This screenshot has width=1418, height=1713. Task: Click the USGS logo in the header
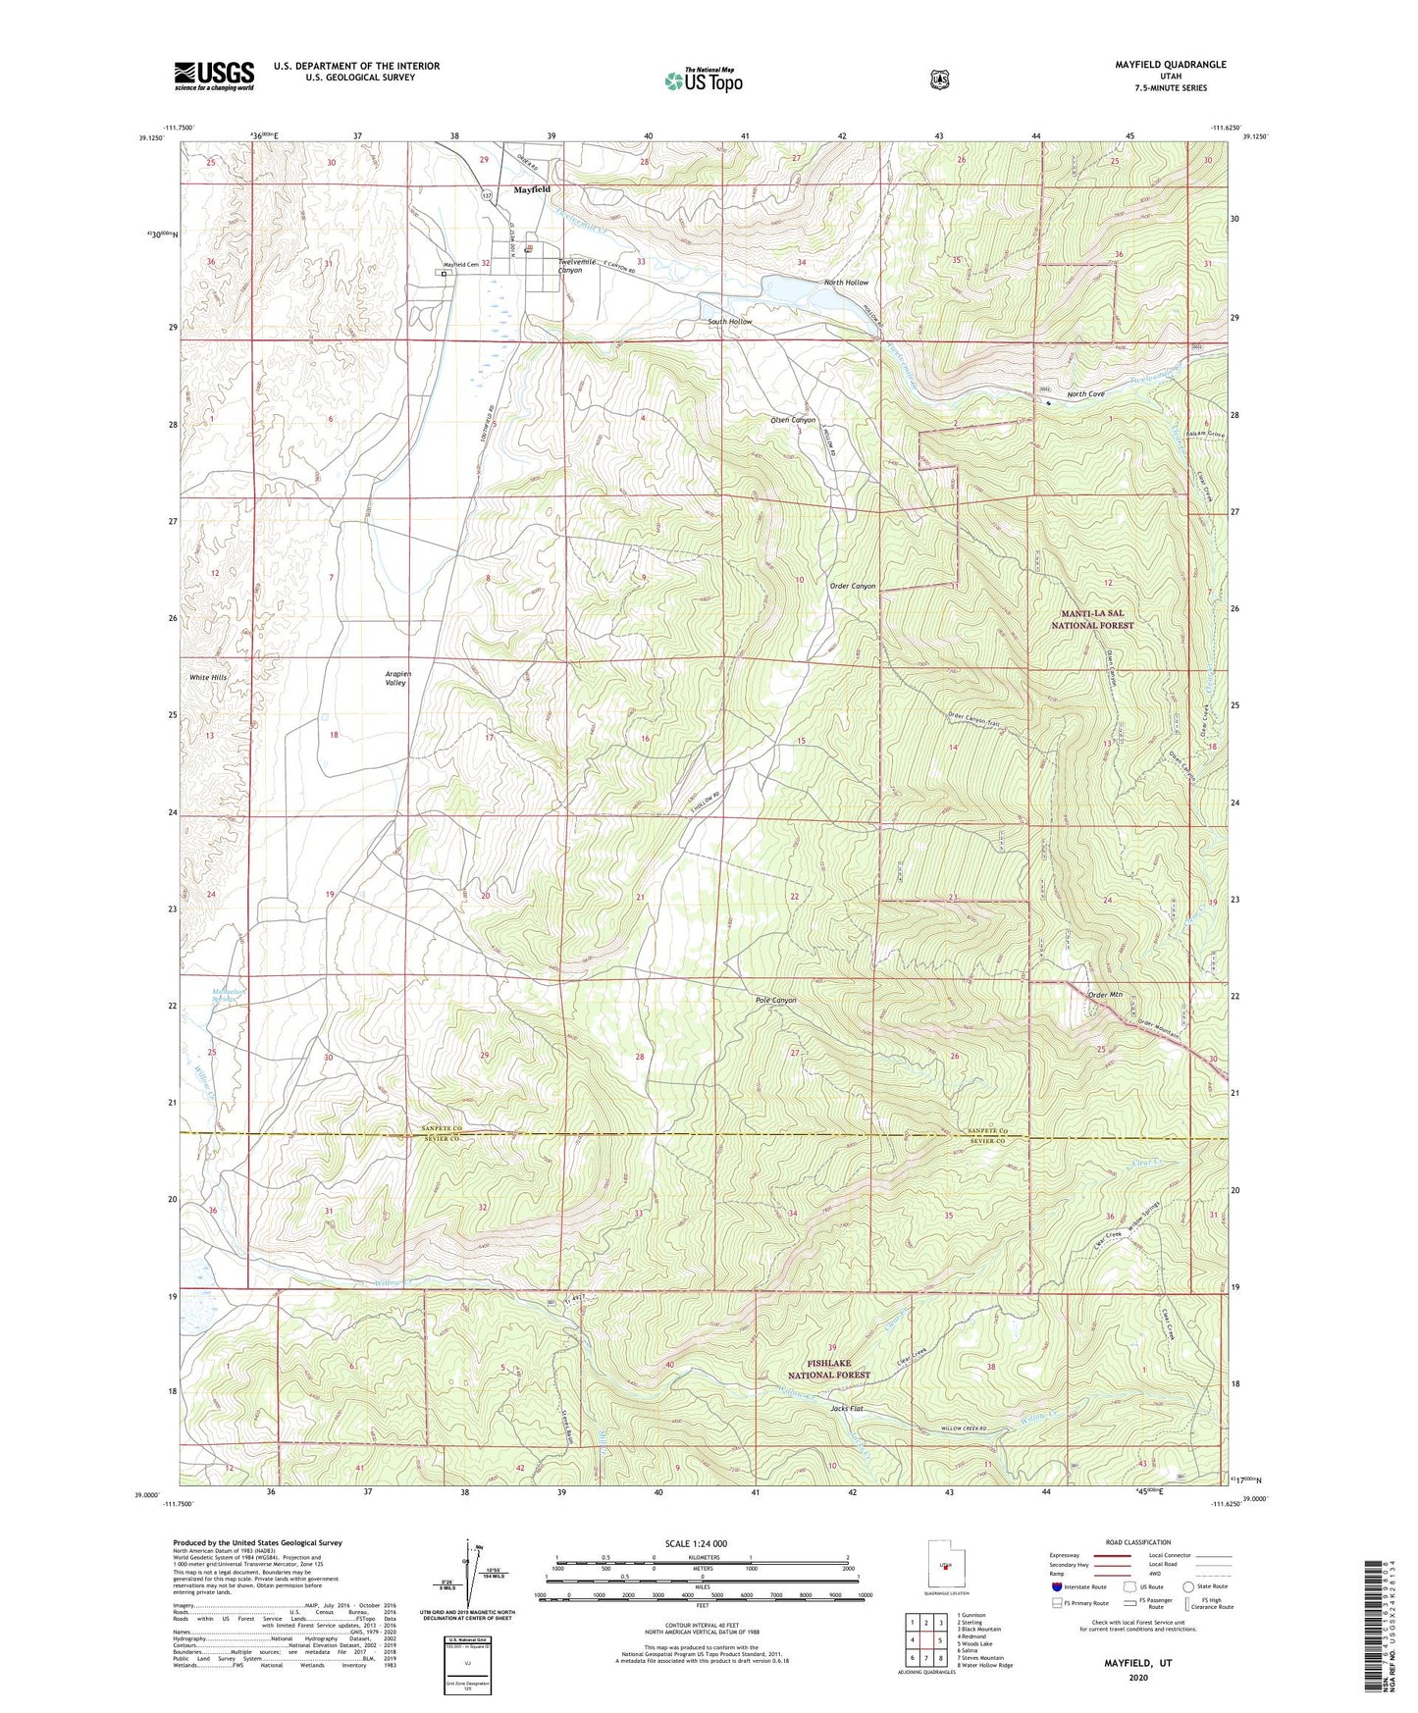[x=214, y=76]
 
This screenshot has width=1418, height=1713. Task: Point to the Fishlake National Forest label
[x=824, y=1370]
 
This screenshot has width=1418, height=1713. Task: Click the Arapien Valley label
[x=395, y=678]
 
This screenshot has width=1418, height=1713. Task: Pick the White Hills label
[x=208, y=678]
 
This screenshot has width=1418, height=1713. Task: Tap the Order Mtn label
[x=1105, y=996]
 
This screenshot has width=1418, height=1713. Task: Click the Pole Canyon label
[x=775, y=1001]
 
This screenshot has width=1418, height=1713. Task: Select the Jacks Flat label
[x=846, y=1409]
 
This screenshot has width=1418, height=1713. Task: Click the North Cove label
[x=1085, y=394]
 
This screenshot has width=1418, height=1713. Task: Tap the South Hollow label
[x=729, y=322]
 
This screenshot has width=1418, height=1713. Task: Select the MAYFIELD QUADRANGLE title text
[x=1170, y=65]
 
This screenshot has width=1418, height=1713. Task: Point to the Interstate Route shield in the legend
[x=1056, y=1586]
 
